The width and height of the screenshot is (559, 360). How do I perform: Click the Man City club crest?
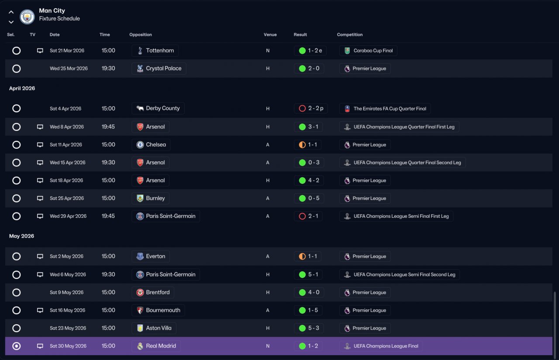click(27, 17)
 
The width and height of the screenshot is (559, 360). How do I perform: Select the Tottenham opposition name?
click(160, 51)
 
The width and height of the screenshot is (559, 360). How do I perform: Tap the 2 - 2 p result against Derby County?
click(316, 109)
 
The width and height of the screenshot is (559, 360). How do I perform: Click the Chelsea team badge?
click(140, 145)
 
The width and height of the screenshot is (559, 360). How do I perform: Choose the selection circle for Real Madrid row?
click(17, 346)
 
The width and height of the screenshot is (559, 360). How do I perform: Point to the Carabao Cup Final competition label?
click(373, 51)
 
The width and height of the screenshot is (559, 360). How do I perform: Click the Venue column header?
click(270, 34)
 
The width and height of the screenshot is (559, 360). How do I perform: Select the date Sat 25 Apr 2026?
click(67, 199)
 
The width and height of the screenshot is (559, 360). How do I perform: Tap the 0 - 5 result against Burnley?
click(314, 199)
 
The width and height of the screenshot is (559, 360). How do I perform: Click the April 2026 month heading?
click(22, 89)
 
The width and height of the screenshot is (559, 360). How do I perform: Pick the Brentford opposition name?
click(158, 292)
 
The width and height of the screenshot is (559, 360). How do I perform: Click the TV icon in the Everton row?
click(40, 257)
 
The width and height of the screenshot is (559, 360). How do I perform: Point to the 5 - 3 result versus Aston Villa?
click(314, 328)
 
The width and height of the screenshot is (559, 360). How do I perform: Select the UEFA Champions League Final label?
click(386, 346)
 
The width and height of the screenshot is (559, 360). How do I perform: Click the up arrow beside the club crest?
click(11, 12)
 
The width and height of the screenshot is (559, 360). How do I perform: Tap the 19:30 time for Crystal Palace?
click(108, 69)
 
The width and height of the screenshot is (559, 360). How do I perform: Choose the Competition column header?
click(350, 34)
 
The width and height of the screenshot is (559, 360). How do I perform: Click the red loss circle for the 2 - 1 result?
click(302, 216)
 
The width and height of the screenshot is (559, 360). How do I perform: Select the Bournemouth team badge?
click(140, 310)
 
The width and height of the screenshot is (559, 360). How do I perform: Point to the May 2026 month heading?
click(21, 236)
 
